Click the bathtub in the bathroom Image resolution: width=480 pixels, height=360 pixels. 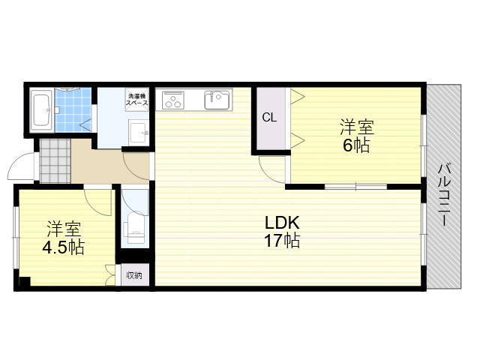pos(42,110)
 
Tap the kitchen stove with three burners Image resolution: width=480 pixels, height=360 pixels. pos(173,100)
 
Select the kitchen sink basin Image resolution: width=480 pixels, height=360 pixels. pos(217,100)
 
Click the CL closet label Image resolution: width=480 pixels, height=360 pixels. pos(269,117)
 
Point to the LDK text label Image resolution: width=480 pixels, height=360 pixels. pos(282,223)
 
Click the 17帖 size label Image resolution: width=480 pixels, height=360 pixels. pos(282,240)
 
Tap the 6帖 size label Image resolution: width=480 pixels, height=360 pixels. pos(357,145)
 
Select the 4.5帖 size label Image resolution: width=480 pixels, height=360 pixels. pos(63,247)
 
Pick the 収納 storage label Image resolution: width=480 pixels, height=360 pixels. pos(134,275)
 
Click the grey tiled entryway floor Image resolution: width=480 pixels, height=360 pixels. pos(55,161)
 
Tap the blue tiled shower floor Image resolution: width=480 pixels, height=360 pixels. pos(73,110)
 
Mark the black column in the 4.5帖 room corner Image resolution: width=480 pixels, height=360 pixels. pos(25,281)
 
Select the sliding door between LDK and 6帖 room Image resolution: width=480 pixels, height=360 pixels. pos(355,186)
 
